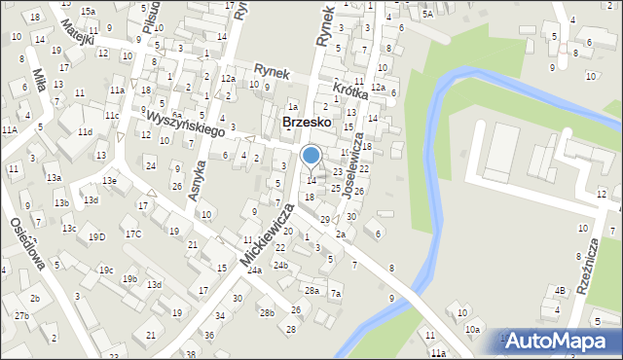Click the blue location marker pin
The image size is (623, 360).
[311, 156]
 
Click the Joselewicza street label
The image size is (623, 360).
[352, 163]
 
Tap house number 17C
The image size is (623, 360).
[132, 234]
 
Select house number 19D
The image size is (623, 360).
[96, 236]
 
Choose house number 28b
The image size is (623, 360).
[267, 312]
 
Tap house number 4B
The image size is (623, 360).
[560, 290]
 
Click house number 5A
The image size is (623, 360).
[427, 15]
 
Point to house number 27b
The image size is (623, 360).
[21, 316]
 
